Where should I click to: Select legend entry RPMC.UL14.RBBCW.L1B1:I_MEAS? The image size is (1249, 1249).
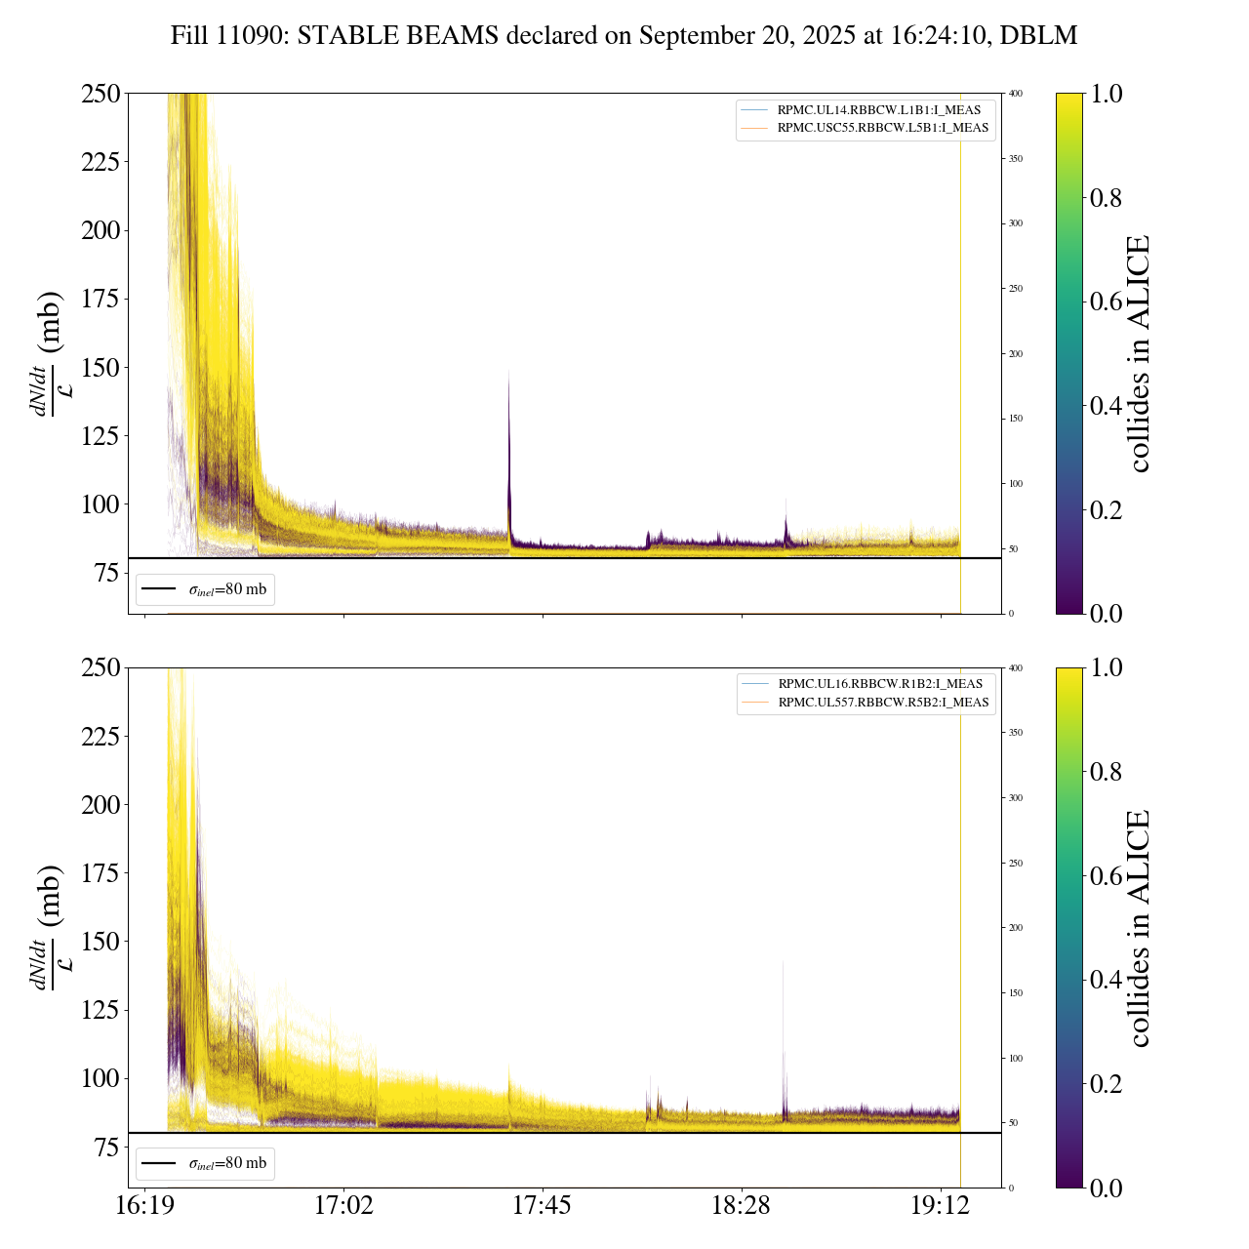click(878, 110)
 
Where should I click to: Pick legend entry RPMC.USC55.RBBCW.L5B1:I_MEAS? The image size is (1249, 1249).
click(882, 128)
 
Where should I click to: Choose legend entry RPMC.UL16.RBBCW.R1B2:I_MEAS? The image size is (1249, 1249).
click(879, 684)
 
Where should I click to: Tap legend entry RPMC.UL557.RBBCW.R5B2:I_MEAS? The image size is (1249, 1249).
click(883, 703)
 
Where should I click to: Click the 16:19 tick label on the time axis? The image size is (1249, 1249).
click(145, 1206)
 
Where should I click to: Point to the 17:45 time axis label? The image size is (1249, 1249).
click(543, 1206)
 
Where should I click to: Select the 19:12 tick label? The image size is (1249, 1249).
click(941, 1206)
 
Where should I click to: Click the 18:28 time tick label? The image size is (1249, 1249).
click(742, 1206)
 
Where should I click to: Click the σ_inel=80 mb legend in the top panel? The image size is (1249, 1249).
click(206, 589)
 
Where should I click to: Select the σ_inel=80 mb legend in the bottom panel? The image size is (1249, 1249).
click(206, 1163)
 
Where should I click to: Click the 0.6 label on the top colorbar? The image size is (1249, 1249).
click(1108, 302)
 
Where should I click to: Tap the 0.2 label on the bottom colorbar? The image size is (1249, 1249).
click(1108, 1084)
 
